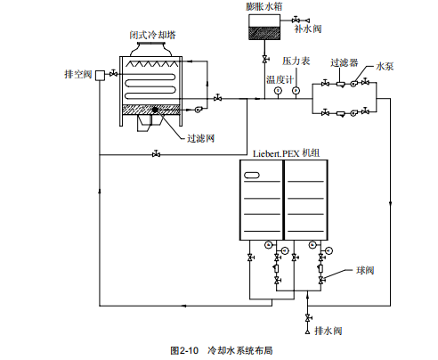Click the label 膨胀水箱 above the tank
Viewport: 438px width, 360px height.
click(x=264, y=6)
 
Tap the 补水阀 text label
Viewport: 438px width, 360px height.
click(x=308, y=29)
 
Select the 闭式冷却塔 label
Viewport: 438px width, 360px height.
click(x=152, y=35)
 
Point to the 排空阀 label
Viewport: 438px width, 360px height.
click(x=78, y=74)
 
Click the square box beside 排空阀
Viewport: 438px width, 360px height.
click(x=101, y=75)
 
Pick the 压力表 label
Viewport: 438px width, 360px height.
click(x=296, y=61)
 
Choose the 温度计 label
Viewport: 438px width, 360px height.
click(x=280, y=79)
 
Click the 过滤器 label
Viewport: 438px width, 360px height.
click(x=345, y=62)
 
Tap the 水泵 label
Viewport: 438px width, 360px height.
click(x=385, y=66)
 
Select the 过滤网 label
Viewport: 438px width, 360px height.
click(x=200, y=138)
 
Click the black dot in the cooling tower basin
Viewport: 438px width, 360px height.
click(x=155, y=110)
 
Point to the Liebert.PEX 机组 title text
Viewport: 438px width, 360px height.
click(x=286, y=153)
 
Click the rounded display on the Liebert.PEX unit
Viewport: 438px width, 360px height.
click(x=252, y=176)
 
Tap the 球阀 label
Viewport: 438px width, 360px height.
click(x=365, y=270)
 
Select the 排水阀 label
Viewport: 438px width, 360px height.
click(x=328, y=331)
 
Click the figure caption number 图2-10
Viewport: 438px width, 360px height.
click(x=184, y=350)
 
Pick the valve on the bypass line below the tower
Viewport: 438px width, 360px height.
click(x=156, y=154)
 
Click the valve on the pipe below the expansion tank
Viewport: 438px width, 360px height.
click(x=265, y=59)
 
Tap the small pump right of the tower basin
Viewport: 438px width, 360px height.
click(x=198, y=110)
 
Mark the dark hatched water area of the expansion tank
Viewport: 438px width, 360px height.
click(x=264, y=33)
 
